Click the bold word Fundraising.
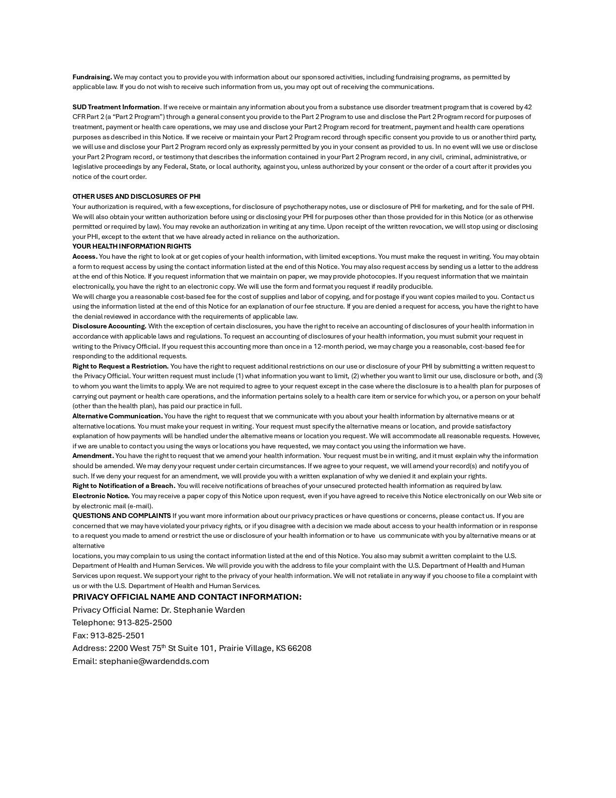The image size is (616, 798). pyautogui.click(x=92, y=77)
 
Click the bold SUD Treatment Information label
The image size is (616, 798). pyautogui.click(x=116, y=107)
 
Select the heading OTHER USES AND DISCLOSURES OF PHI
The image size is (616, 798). pyautogui.click(x=136, y=196)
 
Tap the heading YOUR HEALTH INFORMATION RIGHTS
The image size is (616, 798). pyautogui.click(x=131, y=246)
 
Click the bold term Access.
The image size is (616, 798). pyautogui.click(x=85, y=256)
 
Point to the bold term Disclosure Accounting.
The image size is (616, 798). pyautogui.click(x=109, y=326)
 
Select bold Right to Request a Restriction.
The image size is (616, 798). pyautogui.click(x=120, y=366)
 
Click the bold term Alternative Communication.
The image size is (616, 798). pyautogui.click(x=117, y=416)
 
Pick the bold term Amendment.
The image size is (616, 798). pyautogui.click(x=93, y=456)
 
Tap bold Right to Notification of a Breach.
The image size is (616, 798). pyautogui.click(x=124, y=486)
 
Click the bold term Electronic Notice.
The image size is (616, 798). pyautogui.click(x=100, y=496)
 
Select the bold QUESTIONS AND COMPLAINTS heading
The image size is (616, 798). pyautogui.click(x=121, y=516)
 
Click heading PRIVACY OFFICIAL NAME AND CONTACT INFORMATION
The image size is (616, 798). pyautogui.click(x=186, y=597)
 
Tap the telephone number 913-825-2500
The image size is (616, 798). pyautogui.click(x=144, y=622)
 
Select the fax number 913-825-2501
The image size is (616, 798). pyautogui.click(x=117, y=635)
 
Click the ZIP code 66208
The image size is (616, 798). pyautogui.click(x=299, y=648)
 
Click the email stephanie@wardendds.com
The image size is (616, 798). pyautogui.click(x=154, y=661)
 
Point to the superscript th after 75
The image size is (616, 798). pyautogui.click(x=163, y=646)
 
